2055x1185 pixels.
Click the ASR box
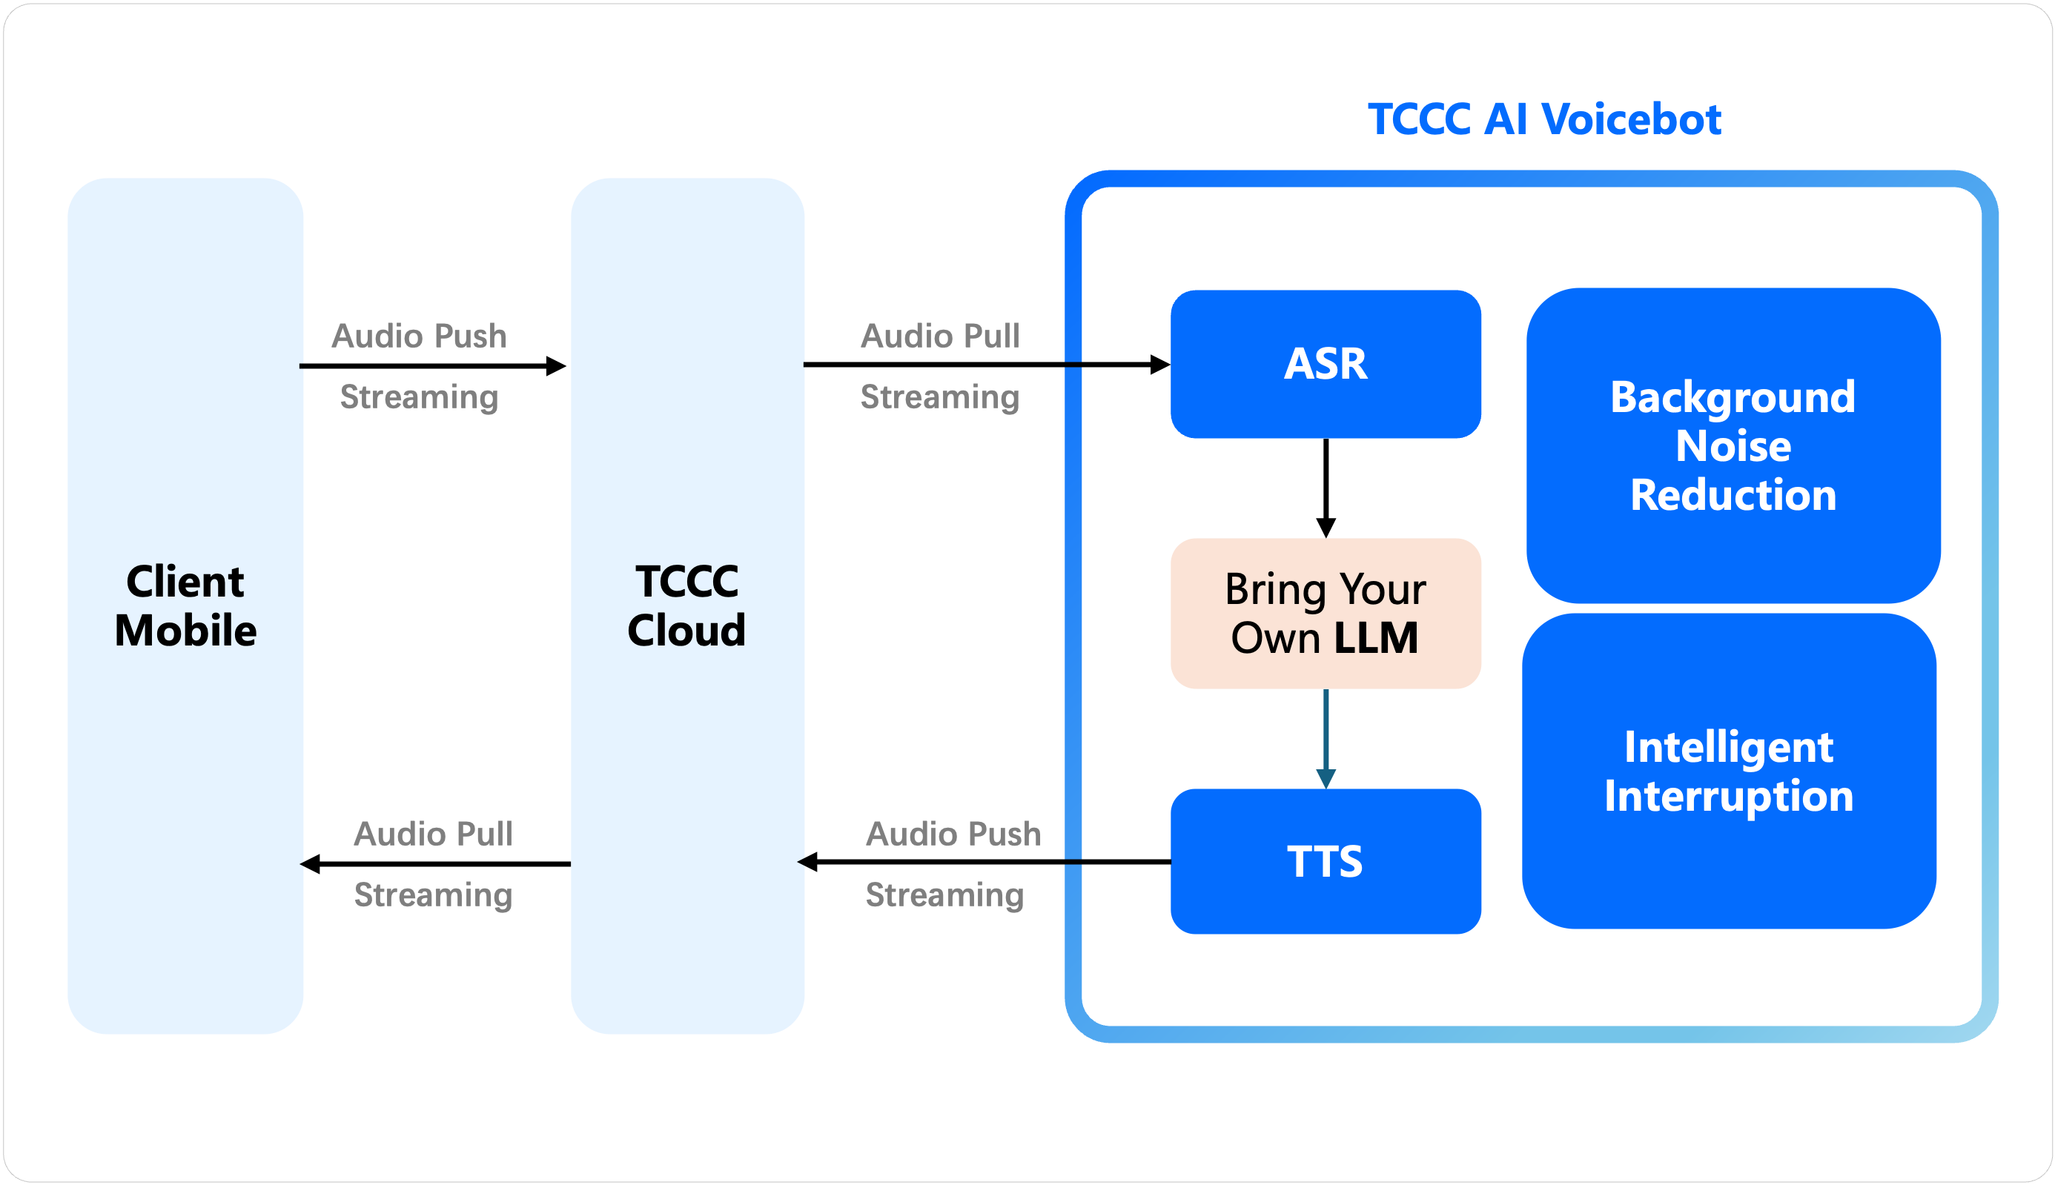[1326, 364]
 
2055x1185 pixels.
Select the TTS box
[1326, 861]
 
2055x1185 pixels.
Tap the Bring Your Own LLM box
[1326, 613]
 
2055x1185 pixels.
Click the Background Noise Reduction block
[1733, 445]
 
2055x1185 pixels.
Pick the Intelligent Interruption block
[1729, 771]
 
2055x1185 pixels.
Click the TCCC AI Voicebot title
[1543, 119]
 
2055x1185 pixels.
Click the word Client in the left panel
[185, 581]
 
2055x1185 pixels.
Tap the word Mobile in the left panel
[185, 631]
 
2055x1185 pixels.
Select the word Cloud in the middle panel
[686, 631]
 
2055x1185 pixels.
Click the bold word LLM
[1376, 637]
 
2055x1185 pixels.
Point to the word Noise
[1733, 446]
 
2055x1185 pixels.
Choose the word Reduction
[1733, 495]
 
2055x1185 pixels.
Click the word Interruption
[1729, 795]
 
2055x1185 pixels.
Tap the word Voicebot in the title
[1631, 119]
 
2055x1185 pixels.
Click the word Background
[1733, 397]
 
